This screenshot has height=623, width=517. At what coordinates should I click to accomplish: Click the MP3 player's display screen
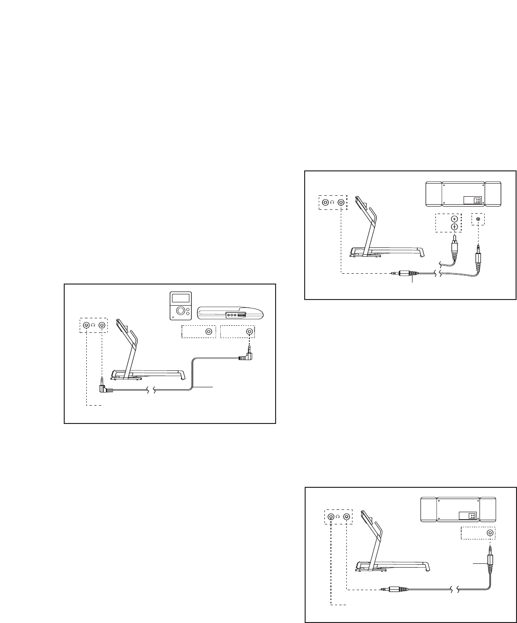point(179,298)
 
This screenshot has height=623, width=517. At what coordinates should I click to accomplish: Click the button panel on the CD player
point(236,315)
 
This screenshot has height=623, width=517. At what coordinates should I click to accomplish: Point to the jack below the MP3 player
point(209,331)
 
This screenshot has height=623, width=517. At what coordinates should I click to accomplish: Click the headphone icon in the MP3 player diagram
point(94,325)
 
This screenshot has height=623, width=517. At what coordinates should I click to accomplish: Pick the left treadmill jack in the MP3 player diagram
point(87,325)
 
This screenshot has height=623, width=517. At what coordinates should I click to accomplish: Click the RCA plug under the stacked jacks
point(453,246)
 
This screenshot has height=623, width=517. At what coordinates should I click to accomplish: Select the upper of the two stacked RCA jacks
point(454,219)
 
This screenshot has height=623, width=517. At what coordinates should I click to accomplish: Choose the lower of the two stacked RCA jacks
point(454,227)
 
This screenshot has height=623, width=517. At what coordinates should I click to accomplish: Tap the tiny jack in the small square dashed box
point(478,219)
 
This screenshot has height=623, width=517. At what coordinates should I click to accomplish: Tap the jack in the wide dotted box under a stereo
point(490,533)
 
